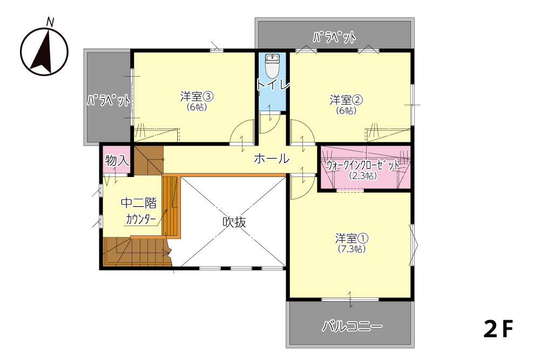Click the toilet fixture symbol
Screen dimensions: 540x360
pyautogui.click(x=272, y=66)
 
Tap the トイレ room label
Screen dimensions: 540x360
pyautogui.click(x=273, y=84)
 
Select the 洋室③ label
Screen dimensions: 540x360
pyautogui.click(x=197, y=97)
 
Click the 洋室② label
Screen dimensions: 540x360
pyautogui.click(x=346, y=100)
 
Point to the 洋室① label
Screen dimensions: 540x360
pyautogui.click(x=352, y=238)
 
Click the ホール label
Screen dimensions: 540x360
pyautogui.click(x=272, y=159)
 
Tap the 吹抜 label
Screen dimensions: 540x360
pyautogui.click(x=234, y=222)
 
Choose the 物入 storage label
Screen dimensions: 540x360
pyautogui.click(x=117, y=160)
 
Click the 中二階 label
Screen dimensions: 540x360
pyautogui.click(x=138, y=203)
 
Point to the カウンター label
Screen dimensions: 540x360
pyautogui.click(x=141, y=219)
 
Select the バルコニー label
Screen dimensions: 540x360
pyautogui.click(x=352, y=326)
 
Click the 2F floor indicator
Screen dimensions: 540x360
pyautogui.click(x=498, y=329)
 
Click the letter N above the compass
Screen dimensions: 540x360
pyautogui.click(x=50, y=22)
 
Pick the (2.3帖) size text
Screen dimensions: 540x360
pyautogui.click(x=363, y=176)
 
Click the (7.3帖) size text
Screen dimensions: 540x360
pyautogui.click(x=352, y=249)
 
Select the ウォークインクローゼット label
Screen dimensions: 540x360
pyautogui.click(x=363, y=166)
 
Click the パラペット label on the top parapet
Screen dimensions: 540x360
pyautogui.click(x=334, y=37)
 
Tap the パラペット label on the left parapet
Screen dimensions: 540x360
pyautogui.click(x=109, y=100)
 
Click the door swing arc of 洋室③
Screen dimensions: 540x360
pyautogui.click(x=237, y=126)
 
